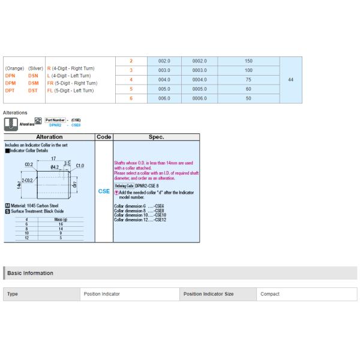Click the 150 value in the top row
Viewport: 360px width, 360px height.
(248, 61)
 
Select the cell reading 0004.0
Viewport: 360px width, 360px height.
(199, 80)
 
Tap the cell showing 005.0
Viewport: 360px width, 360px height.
(165, 89)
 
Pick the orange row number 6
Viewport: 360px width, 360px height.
(131, 98)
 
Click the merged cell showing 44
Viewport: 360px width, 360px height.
(290, 80)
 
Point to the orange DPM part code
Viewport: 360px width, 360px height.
(11, 83)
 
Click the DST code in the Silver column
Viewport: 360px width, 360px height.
(34, 90)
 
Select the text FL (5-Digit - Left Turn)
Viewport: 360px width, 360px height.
(71, 90)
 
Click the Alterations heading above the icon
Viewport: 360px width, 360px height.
(15, 112)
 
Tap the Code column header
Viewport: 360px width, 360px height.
(104, 137)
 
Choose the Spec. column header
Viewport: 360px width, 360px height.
(156, 137)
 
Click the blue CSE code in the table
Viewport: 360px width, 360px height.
(104, 191)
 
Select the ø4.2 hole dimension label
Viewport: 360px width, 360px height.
(55, 167)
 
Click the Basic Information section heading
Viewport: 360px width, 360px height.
(29, 273)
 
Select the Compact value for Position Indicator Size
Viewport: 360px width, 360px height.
(270, 294)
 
